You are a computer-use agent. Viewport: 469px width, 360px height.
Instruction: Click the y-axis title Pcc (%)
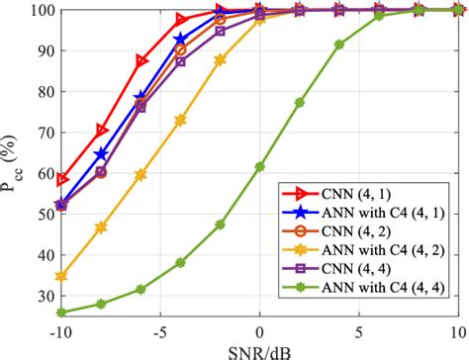click(12, 164)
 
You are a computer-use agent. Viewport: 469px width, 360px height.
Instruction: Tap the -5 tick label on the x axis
click(159, 329)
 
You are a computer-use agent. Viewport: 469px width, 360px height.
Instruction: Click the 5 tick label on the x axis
click(359, 329)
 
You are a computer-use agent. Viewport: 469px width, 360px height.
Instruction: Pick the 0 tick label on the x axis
click(259, 329)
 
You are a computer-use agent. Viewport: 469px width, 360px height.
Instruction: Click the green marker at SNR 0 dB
click(259, 167)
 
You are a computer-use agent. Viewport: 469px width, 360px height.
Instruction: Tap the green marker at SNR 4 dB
click(339, 45)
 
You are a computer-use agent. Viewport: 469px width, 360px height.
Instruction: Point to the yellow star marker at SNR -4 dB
click(180, 120)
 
